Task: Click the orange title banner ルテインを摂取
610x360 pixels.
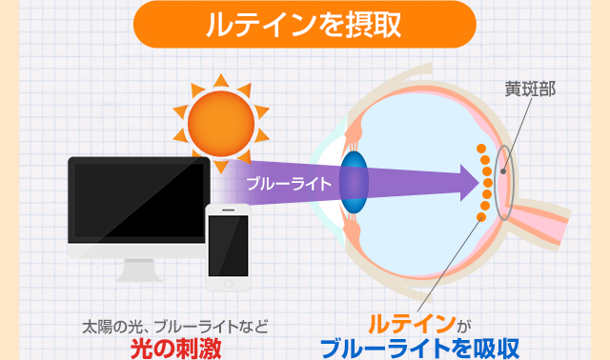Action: (305, 25)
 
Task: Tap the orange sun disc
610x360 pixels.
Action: (221, 124)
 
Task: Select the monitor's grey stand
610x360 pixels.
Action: (139, 270)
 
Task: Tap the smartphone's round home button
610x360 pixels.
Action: (228, 284)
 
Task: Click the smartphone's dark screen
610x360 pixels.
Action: (228, 246)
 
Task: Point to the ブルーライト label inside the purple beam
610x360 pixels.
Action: (289, 184)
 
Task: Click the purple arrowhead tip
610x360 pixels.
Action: (478, 183)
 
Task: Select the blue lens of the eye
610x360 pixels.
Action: (354, 182)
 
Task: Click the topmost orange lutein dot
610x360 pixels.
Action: (481, 149)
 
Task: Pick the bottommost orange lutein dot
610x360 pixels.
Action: (481, 216)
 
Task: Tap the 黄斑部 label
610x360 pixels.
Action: (530, 89)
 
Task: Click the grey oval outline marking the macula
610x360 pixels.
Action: (495, 183)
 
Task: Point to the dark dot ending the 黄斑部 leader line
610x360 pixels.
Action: (503, 171)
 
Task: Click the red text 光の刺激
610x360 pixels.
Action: (175, 349)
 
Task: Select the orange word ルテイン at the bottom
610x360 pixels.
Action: (412, 324)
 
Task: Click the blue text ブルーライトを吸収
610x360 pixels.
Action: (419, 349)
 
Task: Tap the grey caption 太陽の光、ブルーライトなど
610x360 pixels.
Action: (175, 327)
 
